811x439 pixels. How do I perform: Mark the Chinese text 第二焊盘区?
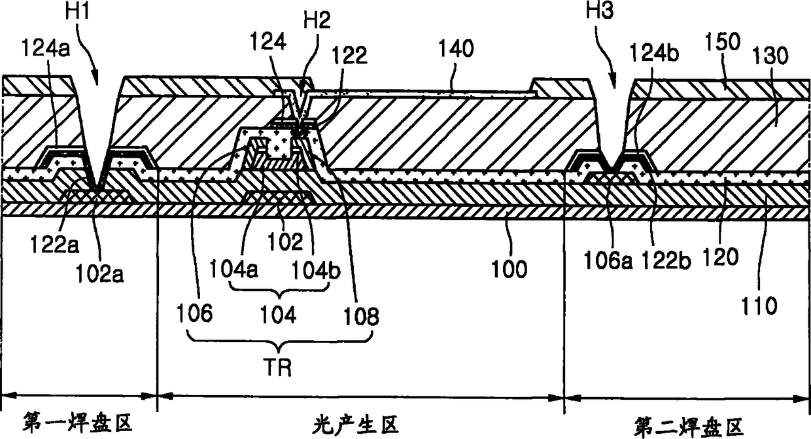coord(689,426)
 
